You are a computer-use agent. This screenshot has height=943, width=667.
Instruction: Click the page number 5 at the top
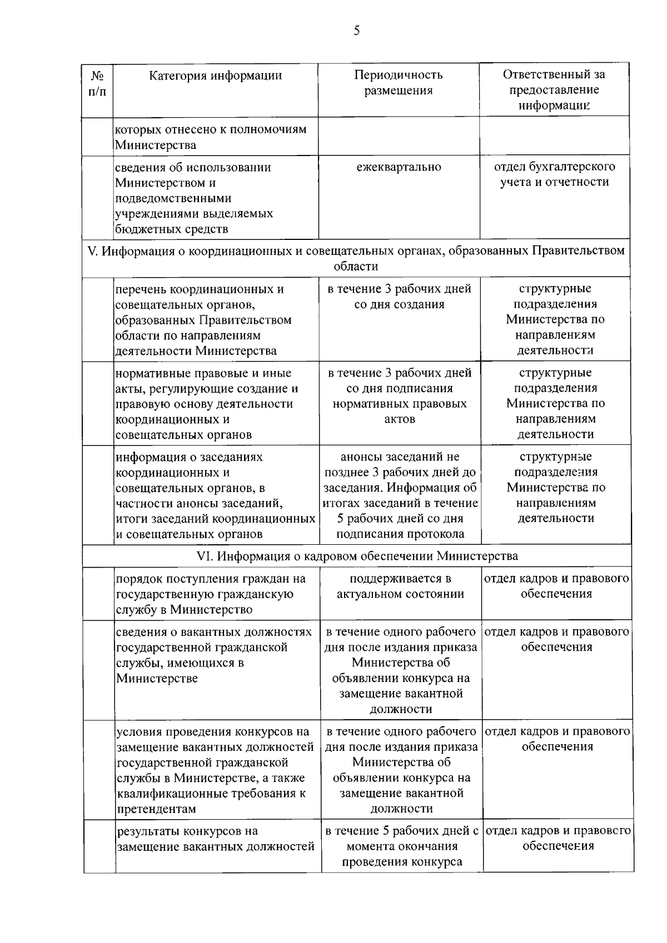tap(356, 31)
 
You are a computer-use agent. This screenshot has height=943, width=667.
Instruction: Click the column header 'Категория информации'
tap(215, 76)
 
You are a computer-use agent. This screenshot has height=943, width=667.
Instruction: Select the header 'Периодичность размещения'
tap(399, 83)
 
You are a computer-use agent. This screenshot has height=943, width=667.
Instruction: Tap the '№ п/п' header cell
tap(97, 83)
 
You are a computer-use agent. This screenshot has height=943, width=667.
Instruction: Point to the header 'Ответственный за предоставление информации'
tap(554, 89)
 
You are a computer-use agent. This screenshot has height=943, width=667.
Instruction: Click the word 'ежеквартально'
tap(399, 167)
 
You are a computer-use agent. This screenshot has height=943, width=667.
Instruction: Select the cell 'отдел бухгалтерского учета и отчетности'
tap(554, 174)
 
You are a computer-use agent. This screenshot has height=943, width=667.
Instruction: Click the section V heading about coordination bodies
tap(356, 258)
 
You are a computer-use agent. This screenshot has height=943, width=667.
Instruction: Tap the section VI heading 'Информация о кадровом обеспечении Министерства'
tap(357, 556)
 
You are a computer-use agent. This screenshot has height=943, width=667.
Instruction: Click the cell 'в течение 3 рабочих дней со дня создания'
tap(399, 297)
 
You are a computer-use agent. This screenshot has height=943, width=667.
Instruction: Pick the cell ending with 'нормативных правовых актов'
tap(399, 396)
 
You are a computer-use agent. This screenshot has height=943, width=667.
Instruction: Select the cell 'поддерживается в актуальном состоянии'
tap(400, 586)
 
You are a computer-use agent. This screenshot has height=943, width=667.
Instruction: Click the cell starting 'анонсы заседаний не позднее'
tap(400, 495)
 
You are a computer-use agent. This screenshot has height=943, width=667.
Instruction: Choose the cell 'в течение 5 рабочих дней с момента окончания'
tap(402, 846)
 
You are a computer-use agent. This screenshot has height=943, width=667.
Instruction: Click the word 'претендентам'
tap(156, 809)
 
